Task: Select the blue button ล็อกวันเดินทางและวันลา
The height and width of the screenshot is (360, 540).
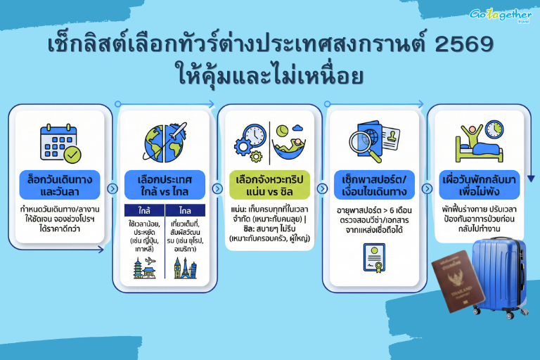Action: [x=60, y=184]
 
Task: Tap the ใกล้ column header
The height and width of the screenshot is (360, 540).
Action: [x=143, y=210]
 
